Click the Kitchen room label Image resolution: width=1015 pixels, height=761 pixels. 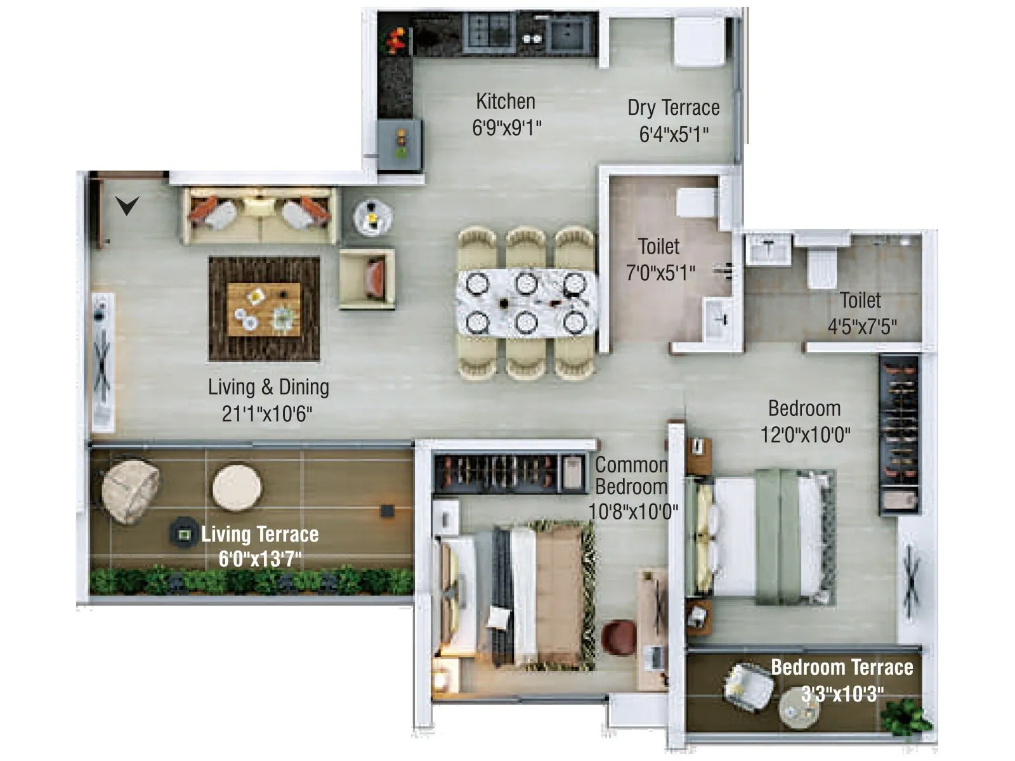click(506, 101)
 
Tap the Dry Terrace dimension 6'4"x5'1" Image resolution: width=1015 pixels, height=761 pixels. click(674, 134)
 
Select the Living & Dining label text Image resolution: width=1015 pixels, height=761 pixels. click(268, 387)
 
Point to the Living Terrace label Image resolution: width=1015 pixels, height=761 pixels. click(260, 534)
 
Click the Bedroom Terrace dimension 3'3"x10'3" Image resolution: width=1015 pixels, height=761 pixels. click(842, 694)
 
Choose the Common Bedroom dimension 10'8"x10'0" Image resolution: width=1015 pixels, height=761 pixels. click(633, 511)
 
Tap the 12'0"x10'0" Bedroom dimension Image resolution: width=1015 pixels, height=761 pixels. click(805, 435)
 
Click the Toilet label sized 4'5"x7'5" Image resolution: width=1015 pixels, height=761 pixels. click(860, 300)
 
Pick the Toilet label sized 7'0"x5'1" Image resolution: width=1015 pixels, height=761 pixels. click(658, 246)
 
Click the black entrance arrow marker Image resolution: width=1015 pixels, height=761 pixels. click(127, 205)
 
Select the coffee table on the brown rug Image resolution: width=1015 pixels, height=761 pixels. click(263, 309)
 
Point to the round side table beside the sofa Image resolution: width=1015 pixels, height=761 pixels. click(372, 218)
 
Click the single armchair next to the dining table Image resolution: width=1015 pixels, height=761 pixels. click(367, 279)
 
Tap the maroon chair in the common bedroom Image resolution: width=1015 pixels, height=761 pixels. click(619, 637)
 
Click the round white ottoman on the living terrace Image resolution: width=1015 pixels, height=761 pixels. click(237, 488)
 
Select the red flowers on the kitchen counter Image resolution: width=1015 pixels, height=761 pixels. click(395, 41)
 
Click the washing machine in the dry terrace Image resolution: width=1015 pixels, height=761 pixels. click(698, 41)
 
